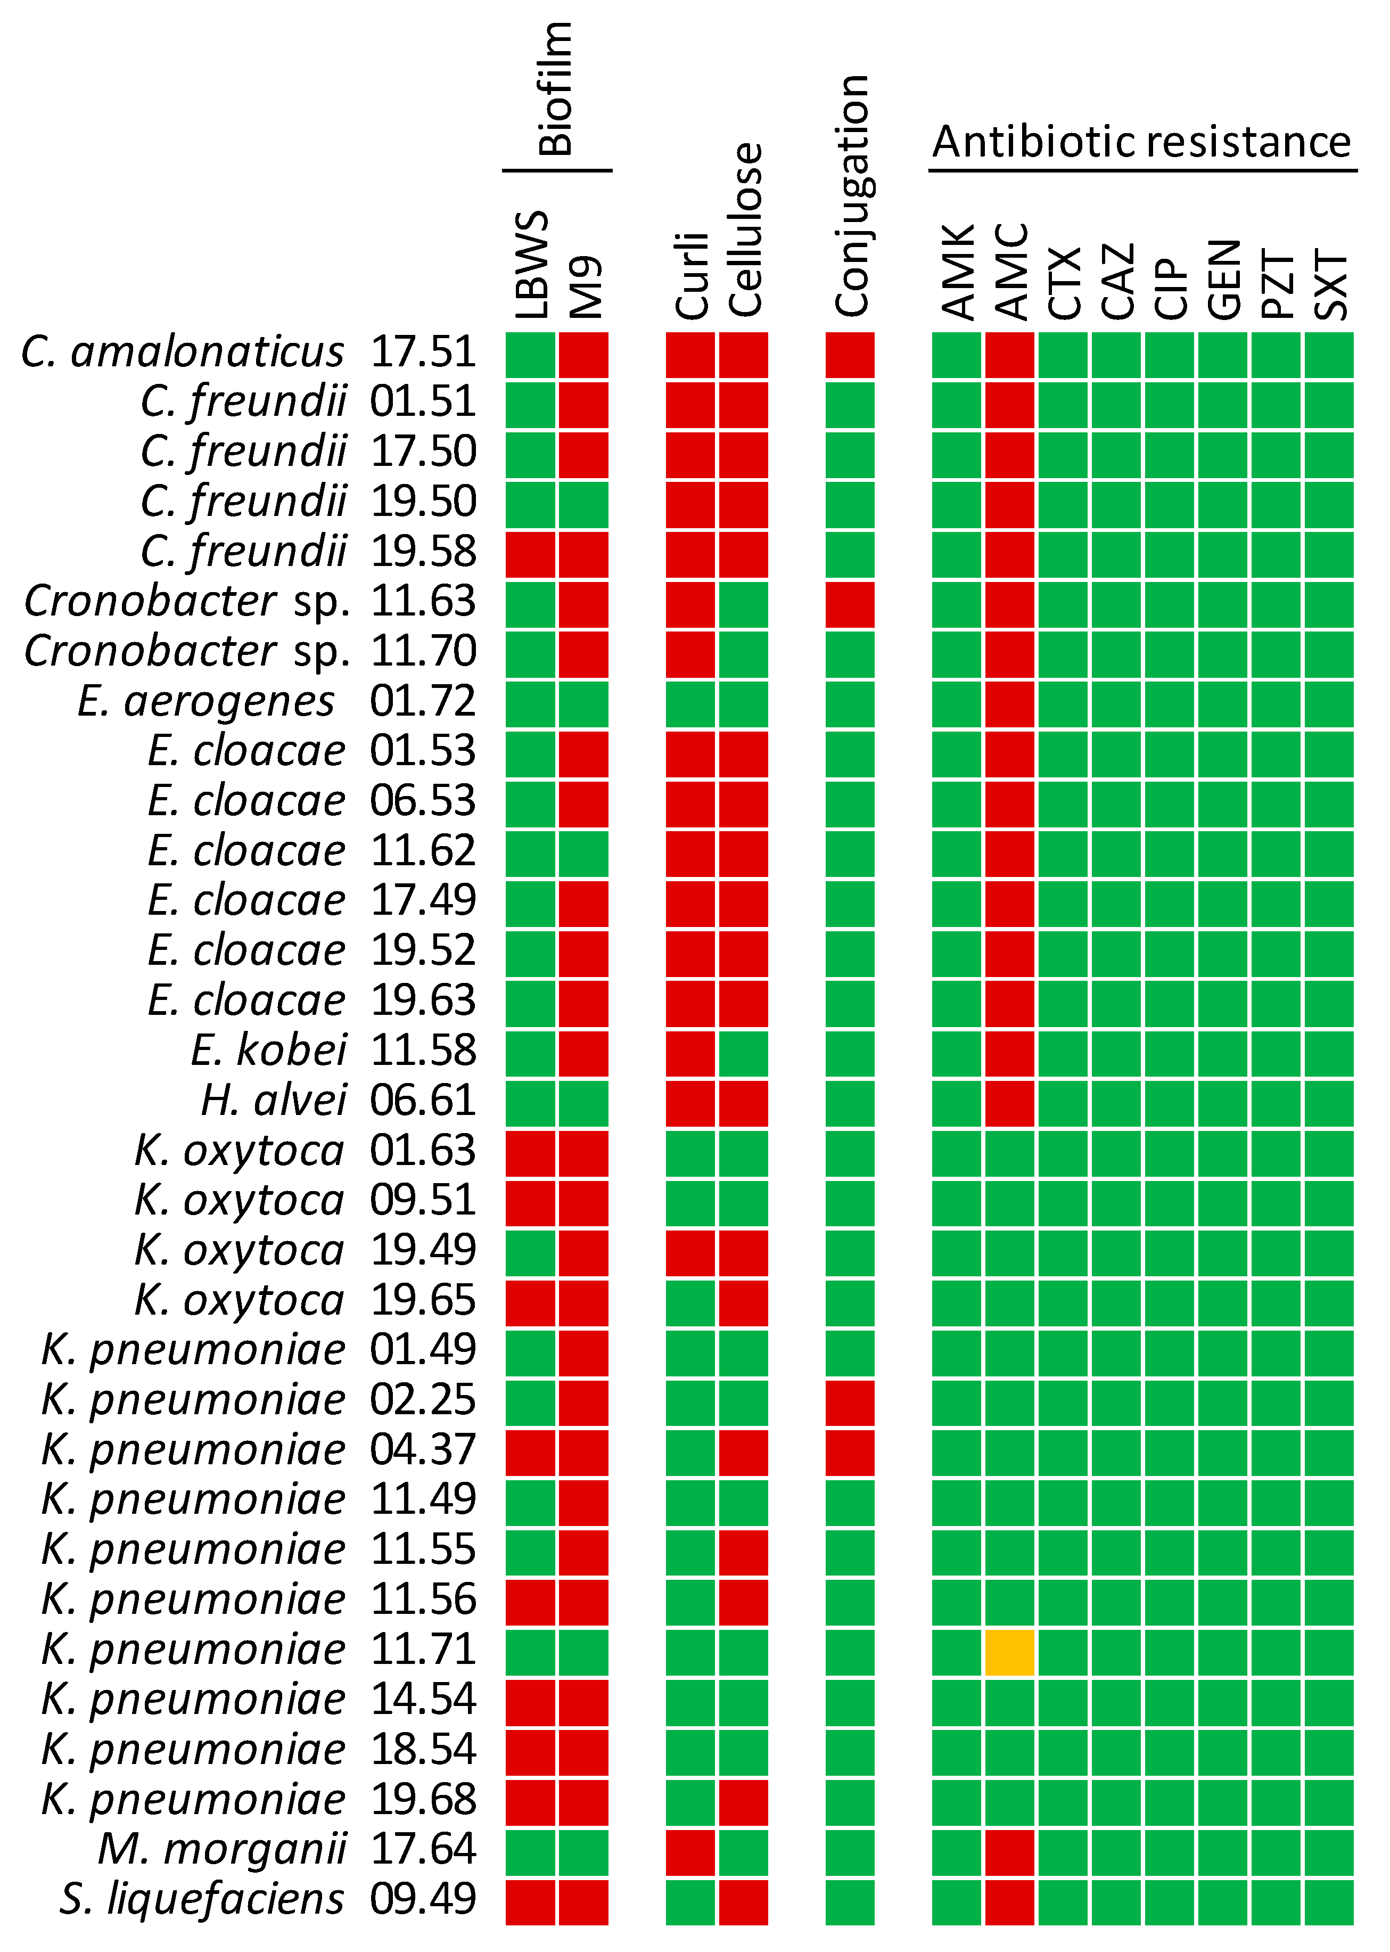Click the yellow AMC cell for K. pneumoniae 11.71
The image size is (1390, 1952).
1009,1652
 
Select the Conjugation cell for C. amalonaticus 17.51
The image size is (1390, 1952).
850,355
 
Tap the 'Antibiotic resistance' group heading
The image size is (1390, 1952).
1142,142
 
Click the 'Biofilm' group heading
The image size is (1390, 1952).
556,89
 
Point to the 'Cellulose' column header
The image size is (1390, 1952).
745,229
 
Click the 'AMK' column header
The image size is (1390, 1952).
957,272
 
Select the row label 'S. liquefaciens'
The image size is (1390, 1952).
202,1898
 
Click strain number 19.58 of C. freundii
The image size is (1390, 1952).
423,551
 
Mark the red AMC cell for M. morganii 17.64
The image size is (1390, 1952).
1009,1852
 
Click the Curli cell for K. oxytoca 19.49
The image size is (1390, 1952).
690,1253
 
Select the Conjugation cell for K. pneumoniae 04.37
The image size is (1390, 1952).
850,1453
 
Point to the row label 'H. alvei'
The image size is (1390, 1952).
274,1100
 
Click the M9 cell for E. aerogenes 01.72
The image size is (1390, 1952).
583,704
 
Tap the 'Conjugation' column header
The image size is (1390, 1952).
852,195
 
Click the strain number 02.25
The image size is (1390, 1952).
423,1399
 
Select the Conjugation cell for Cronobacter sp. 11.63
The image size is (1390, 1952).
850,604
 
